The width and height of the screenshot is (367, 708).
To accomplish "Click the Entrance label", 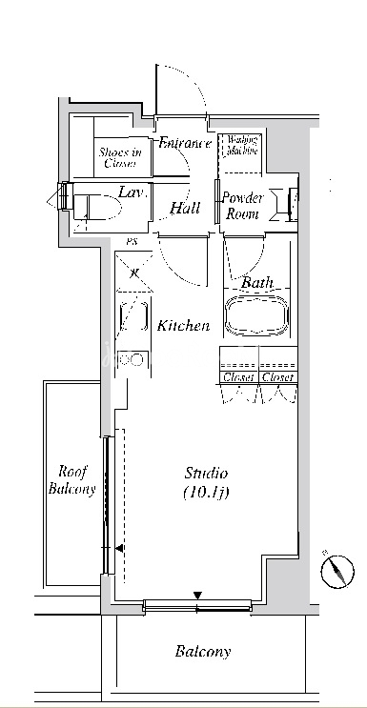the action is [185, 143].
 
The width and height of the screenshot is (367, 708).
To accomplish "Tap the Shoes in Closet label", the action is [120, 157].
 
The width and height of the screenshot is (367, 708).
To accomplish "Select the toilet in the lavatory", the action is [97, 208].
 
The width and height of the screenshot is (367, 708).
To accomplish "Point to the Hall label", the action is [185, 208].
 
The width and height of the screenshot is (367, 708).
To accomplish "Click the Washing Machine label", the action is [242, 145].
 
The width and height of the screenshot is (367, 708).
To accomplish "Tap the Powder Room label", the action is [242, 206].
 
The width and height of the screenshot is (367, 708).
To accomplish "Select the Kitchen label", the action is [183, 325].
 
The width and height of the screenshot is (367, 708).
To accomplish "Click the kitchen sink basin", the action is [133, 317].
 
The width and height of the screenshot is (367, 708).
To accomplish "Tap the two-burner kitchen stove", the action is [132, 360].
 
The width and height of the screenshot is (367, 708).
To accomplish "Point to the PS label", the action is [132, 242].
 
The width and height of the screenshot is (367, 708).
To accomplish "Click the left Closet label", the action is [239, 377].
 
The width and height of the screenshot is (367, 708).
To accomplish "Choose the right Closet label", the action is [278, 377].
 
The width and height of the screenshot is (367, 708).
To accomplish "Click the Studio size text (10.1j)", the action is [206, 493].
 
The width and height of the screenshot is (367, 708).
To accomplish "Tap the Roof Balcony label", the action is [72, 480].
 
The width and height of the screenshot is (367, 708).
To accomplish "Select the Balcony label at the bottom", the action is [203, 651].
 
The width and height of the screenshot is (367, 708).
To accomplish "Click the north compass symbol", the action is [337, 571].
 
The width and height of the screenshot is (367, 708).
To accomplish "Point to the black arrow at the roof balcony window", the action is [119, 549].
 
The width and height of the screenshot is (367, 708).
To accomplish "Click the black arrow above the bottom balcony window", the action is [197, 596].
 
